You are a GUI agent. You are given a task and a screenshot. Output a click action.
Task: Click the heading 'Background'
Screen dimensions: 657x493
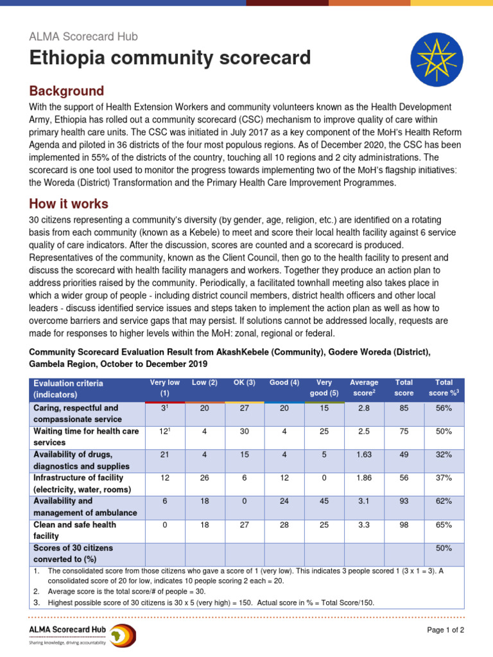[66, 90]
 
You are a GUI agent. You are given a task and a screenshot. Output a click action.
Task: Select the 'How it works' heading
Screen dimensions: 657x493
[69, 204]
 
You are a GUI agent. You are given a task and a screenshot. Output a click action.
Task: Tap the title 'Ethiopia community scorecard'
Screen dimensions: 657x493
[169, 59]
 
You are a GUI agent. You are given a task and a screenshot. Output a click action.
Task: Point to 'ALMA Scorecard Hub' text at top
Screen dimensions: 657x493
[83, 37]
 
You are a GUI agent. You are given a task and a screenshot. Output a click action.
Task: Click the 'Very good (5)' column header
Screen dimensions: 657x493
[324, 388]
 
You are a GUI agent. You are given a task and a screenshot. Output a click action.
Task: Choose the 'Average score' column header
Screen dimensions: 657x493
[364, 388]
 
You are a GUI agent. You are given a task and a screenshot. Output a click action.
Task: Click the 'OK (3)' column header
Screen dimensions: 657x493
[245, 383]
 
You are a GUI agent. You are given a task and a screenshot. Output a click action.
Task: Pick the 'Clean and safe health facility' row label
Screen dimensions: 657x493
[74, 530]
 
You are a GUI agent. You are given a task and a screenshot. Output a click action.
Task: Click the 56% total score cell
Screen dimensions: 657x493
[444, 408]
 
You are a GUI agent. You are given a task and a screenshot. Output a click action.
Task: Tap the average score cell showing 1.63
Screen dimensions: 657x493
[364, 455]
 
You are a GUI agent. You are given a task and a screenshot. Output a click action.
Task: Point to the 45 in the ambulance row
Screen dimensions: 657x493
[324, 501]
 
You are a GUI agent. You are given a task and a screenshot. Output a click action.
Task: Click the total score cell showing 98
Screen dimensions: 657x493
[404, 525]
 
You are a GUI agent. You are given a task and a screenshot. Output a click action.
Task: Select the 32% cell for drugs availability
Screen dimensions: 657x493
[444, 455]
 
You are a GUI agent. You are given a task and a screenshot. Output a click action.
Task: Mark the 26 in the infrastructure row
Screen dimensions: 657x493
[204, 478]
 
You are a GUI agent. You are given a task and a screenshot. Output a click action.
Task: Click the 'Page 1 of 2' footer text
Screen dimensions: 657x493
[445, 630]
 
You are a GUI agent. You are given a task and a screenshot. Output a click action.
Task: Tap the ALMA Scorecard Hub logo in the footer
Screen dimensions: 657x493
[82, 635]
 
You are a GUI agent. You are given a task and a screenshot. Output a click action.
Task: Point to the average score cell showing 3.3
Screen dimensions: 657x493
[364, 525]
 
